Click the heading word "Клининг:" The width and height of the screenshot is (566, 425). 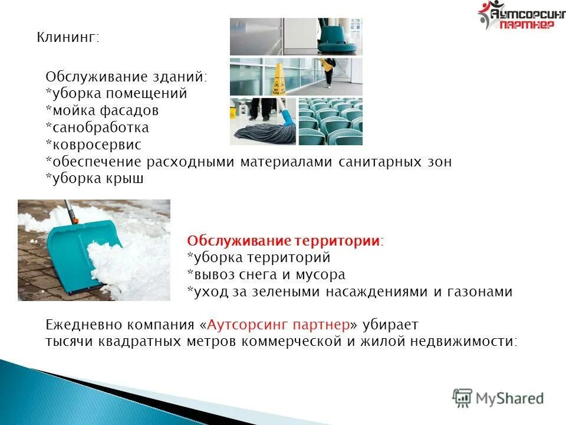(68, 38)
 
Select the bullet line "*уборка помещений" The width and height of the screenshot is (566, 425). (116, 93)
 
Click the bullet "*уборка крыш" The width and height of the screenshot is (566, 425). (94, 179)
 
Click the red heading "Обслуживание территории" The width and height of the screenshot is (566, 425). (283, 241)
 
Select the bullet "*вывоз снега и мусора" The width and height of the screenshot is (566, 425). (266, 274)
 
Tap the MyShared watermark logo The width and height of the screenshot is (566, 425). (498, 397)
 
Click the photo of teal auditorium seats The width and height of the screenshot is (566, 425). (330, 121)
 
